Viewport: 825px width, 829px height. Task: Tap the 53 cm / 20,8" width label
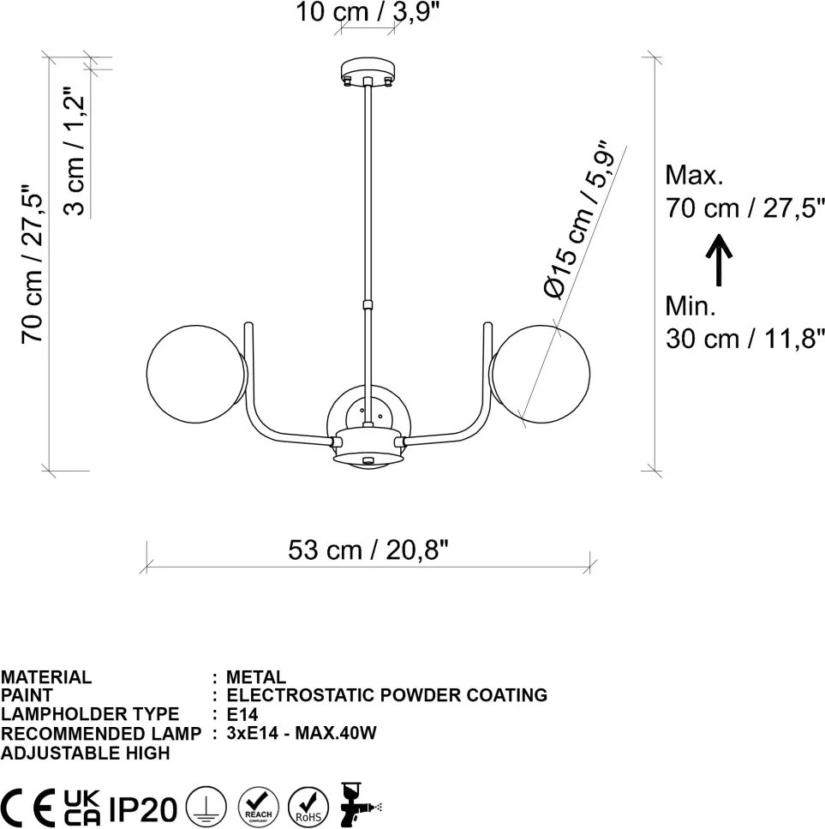tap(368, 550)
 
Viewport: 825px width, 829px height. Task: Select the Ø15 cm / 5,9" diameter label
tap(577, 220)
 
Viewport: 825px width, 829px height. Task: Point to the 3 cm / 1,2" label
tap(75, 150)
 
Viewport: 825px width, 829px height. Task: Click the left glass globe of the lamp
tap(196, 374)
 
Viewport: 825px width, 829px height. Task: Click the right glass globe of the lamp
tap(541, 374)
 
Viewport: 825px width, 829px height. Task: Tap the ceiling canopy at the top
tap(368, 72)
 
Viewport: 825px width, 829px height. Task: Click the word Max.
tap(693, 175)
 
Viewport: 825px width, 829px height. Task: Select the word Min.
tap(690, 306)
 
